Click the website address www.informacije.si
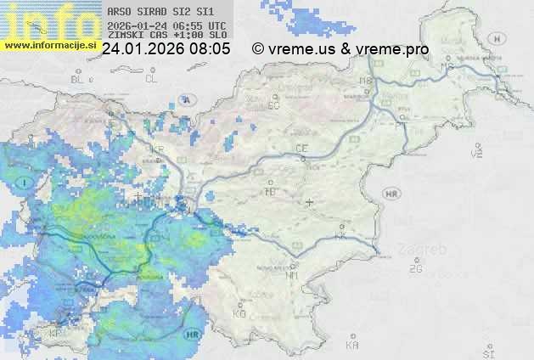point(48,45)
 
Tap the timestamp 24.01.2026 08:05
point(166,49)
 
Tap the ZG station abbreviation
point(415,268)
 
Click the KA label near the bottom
point(352,346)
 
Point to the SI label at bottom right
point(487,351)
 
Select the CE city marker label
point(301,149)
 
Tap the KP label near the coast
point(56,334)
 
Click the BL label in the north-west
point(79,79)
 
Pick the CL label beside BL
point(151,79)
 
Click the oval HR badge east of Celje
point(392,194)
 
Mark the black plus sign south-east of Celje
point(309,203)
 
